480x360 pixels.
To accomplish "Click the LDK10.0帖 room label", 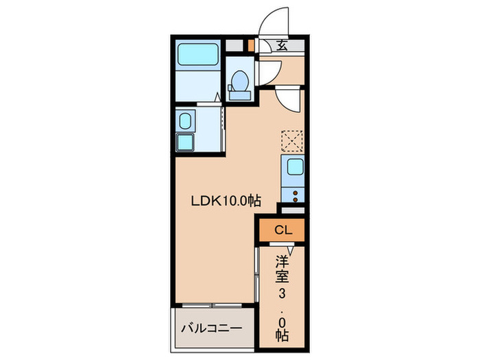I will point(225,201).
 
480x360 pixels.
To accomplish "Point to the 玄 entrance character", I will point(283,47).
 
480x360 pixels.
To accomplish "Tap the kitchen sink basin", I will point(296,167).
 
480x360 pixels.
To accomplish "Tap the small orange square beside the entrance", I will point(252,47).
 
